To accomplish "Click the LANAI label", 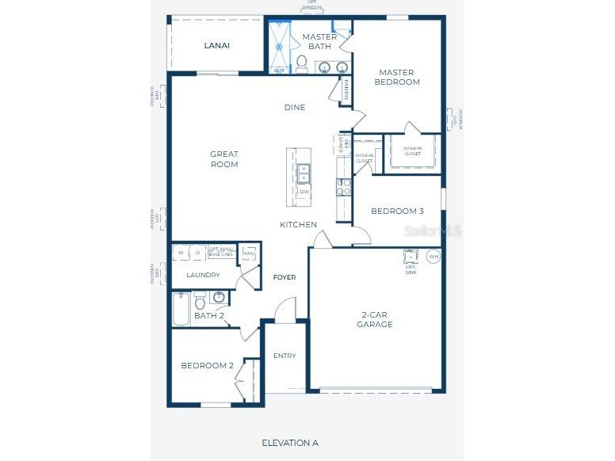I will (x=216, y=46).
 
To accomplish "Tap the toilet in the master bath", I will (x=301, y=62).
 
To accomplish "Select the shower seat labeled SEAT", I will (x=279, y=71).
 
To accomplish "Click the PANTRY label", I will (x=346, y=91).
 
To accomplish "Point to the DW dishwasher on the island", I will (x=304, y=192).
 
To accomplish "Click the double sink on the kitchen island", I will (x=304, y=172).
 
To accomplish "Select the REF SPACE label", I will (x=342, y=143).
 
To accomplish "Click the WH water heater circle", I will (x=434, y=256).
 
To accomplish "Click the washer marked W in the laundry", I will (x=181, y=253).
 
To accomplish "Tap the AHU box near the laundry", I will (x=249, y=253).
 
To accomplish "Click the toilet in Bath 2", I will (x=201, y=302).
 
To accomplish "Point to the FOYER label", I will (x=285, y=277).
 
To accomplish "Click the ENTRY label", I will (x=285, y=356).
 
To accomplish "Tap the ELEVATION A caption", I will (x=290, y=443).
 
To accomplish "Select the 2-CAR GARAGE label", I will (x=374, y=319).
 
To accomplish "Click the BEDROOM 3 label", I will (x=397, y=211).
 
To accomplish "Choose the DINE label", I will (x=295, y=108).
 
